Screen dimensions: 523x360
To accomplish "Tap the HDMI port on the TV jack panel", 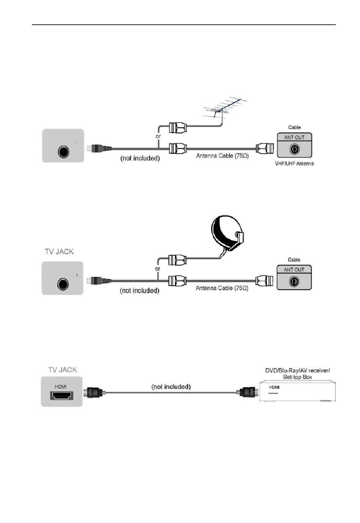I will coord(62,396).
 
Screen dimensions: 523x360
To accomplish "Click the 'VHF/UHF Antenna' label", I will coord(294,164).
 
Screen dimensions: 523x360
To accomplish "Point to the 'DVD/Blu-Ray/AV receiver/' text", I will coord(297,370).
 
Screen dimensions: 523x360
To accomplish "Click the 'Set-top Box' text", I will coord(297,377).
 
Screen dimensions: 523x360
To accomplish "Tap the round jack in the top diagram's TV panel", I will coord(64,152).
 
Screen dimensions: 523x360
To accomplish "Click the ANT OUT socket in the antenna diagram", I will coord(294,149).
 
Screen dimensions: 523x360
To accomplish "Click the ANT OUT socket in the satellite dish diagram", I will coord(294,282).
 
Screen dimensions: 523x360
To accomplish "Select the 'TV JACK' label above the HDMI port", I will coord(63,370).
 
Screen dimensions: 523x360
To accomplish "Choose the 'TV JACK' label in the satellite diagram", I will coord(59,252).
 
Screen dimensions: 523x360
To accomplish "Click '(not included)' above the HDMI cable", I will coord(171,387).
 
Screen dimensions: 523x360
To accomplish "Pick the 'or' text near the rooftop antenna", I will coord(158,136).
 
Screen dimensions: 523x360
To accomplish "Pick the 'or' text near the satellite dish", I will coord(158,269).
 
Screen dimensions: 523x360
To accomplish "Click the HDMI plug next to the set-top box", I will coord(247,392).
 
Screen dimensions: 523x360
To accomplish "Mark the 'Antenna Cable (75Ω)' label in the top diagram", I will coord(222,156).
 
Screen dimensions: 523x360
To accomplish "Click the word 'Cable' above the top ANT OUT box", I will coord(294,127).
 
